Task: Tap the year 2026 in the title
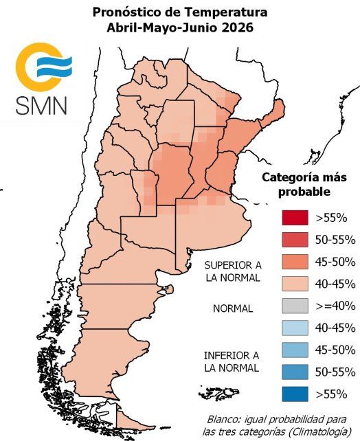coord(235,28)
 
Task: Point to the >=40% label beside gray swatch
coord(335,306)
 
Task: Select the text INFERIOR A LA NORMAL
coord(232,361)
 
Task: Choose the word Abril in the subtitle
coord(121,28)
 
